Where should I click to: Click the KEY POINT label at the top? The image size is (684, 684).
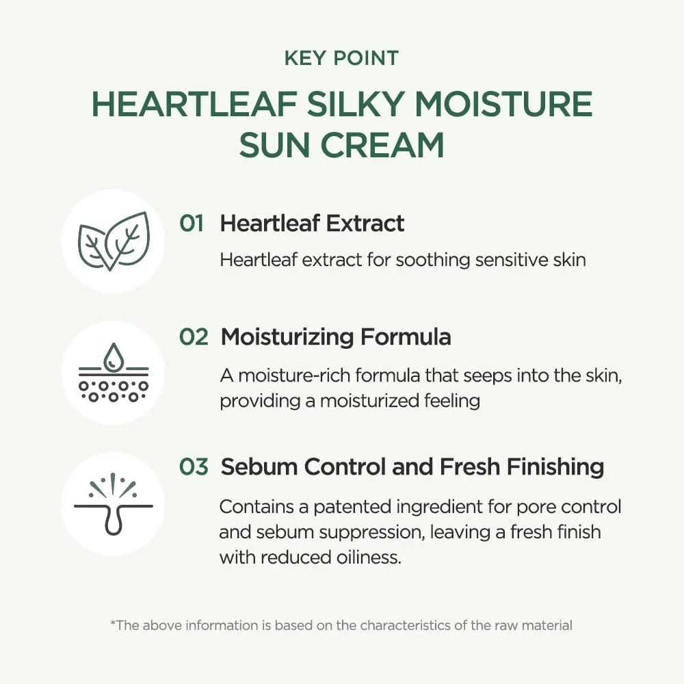pos(341,58)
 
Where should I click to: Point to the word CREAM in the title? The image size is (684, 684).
pos(382,145)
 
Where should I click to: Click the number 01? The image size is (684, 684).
pos(192,224)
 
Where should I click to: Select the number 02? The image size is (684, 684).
pos(194,337)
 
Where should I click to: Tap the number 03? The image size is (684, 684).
pos(194,466)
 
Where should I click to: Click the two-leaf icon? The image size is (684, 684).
pos(114,241)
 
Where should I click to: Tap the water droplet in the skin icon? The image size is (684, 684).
pos(114,356)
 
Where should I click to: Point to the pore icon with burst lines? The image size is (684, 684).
pos(114,504)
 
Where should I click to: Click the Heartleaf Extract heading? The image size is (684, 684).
pos(312,224)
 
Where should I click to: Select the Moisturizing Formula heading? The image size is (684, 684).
pos(336,337)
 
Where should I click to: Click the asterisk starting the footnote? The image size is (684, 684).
pos(113,622)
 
